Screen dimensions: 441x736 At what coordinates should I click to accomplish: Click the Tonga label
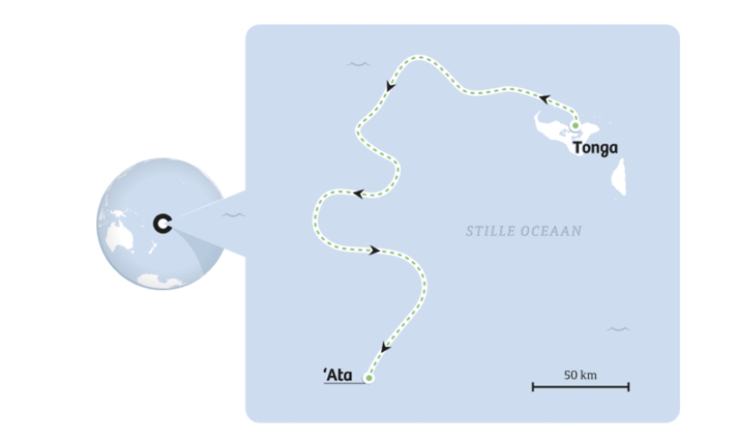click(x=595, y=148)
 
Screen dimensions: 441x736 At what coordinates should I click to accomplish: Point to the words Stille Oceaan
click(x=524, y=231)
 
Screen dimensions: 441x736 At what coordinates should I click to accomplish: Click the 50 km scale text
click(x=580, y=374)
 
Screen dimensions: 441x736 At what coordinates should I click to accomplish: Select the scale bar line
click(x=581, y=387)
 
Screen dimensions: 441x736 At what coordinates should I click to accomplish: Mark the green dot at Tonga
click(x=575, y=126)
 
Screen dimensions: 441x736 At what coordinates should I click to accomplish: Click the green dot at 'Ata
click(x=369, y=378)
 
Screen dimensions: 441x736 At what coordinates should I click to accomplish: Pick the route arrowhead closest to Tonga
click(x=544, y=99)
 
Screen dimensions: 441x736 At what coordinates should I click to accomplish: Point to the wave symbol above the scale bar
click(x=618, y=329)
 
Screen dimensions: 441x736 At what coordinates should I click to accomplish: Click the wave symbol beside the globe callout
click(x=233, y=215)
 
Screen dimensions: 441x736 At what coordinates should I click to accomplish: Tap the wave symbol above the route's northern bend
click(x=358, y=63)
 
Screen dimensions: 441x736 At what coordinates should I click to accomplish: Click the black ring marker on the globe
click(x=161, y=224)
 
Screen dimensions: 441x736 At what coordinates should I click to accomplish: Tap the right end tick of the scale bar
click(x=629, y=387)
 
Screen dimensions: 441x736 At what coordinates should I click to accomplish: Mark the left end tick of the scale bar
click(x=533, y=387)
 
